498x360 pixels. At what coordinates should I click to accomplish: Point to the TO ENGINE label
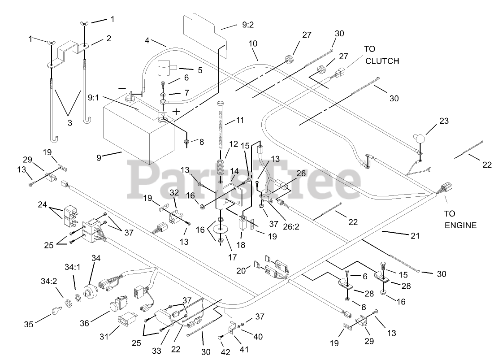(460, 219)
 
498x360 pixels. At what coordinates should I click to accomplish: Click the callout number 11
(241, 121)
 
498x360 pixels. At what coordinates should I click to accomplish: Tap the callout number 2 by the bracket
(108, 39)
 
